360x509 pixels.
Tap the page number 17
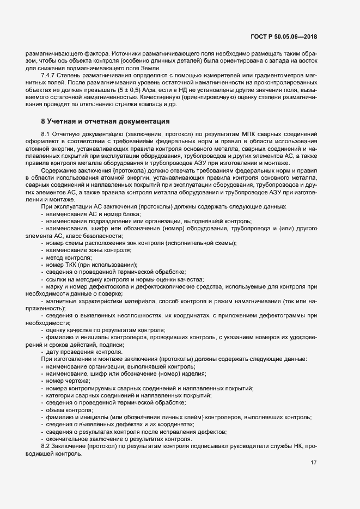(313, 463)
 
